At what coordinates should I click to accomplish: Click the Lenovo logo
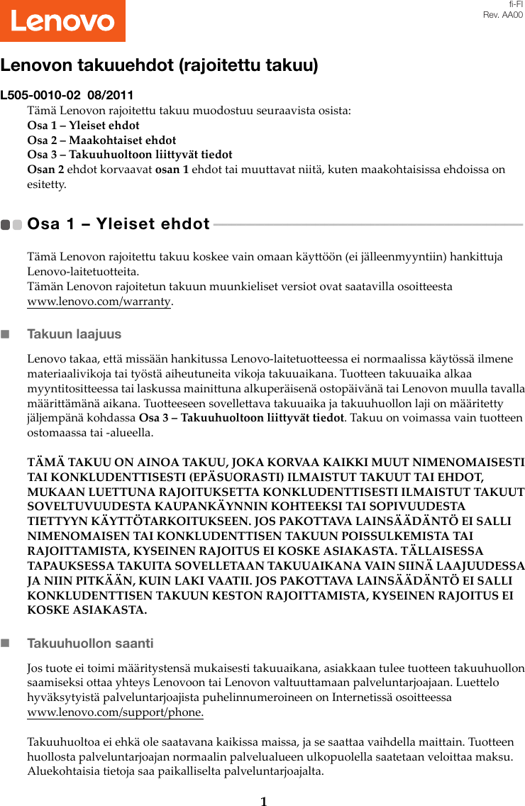(x=62, y=21)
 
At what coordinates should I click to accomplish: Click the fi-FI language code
(x=515, y=4)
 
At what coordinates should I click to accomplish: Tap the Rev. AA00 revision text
(x=503, y=15)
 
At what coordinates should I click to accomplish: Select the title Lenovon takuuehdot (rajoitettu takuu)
(x=159, y=65)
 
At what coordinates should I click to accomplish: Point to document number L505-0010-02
(x=40, y=95)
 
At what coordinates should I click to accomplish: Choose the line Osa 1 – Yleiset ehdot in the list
(x=83, y=126)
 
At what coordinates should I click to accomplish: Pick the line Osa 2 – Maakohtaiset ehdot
(x=101, y=140)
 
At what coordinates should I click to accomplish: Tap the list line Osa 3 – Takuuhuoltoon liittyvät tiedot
(x=129, y=154)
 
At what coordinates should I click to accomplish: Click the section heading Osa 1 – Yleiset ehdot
(x=118, y=224)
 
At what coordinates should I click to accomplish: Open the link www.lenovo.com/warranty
(x=99, y=302)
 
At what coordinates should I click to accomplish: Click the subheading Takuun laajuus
(x=74, y=333)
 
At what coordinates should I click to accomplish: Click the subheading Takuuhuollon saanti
(x=90, y=644)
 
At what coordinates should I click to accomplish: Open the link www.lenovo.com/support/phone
(x=115, y=712)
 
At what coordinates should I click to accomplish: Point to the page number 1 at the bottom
(x=263, y=801)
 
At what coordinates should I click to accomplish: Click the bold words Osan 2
(x=45, y=169)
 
